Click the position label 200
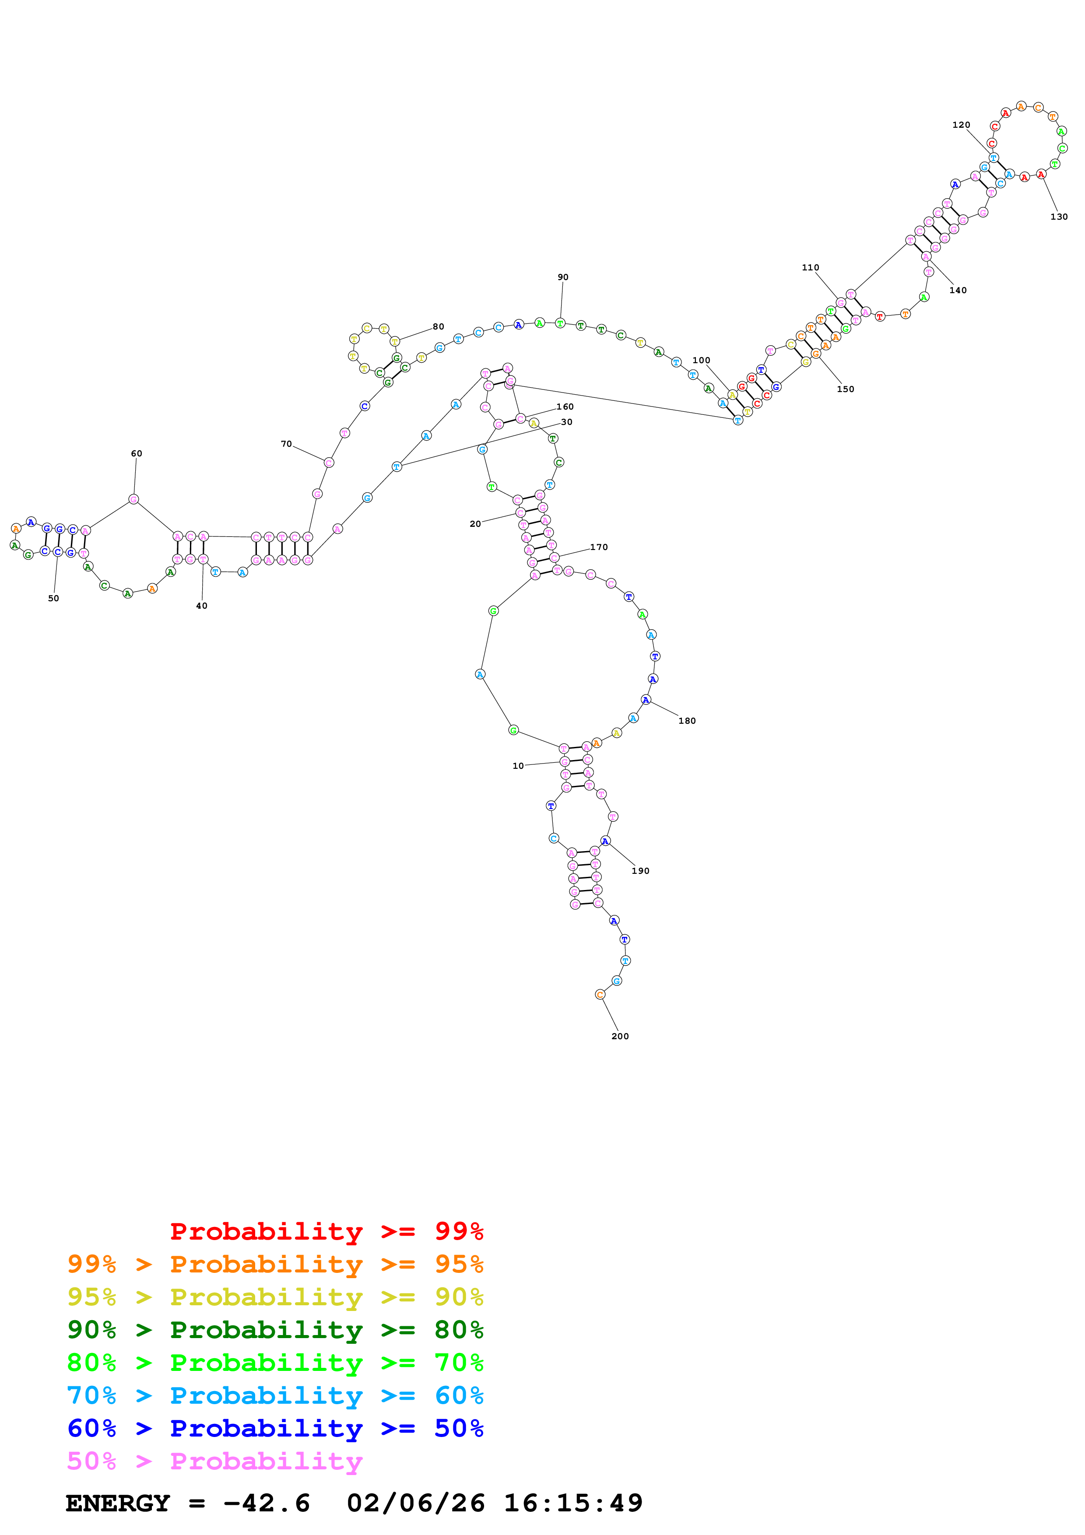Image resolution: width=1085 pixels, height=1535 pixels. point(620,1036)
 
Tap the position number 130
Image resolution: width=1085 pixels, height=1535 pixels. point(1059,217)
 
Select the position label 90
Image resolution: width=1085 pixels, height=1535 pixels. point(563,277)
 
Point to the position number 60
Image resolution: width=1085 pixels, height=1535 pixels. point(137,453)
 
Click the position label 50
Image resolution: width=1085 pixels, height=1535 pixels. point(53,598)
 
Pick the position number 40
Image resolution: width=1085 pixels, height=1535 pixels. point(201,606)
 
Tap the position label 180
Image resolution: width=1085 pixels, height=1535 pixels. point(687,721)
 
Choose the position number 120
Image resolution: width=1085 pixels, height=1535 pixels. point(961,125)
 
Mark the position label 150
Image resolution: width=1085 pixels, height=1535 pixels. point(845,389)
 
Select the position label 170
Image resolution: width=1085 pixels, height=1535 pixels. point(598,547)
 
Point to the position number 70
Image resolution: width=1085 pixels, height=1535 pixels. point(286,444)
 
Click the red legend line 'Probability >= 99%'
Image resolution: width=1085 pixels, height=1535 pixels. point(326,1231)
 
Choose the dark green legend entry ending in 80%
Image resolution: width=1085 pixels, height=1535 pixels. point(275,1330)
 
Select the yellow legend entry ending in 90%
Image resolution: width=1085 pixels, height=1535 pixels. point(275,1297)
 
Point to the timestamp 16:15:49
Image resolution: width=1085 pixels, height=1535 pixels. point(573,1503)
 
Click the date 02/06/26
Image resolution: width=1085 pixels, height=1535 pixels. point(415,1503)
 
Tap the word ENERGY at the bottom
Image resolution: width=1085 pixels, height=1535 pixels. point(118,1503)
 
